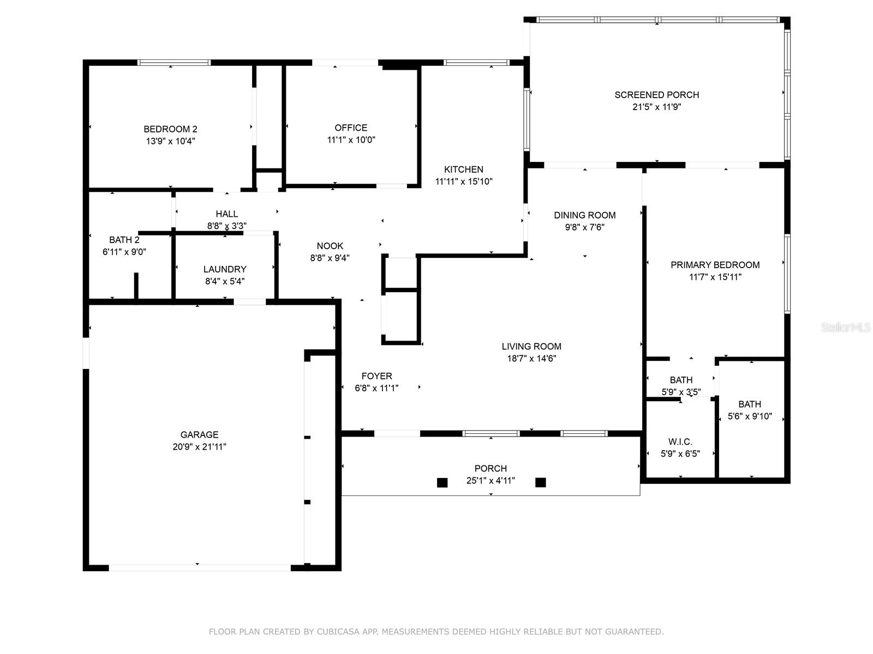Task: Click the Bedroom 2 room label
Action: (170, 129)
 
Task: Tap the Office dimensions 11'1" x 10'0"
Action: (351, 140)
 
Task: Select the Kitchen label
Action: (463, 169)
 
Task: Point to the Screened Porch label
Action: (656, 95)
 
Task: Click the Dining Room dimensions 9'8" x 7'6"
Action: (585, 227)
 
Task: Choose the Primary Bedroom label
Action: (715, 265)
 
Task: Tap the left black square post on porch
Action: (442, 482)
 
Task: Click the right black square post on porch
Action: (540, 482)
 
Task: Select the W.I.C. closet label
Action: (680, 441)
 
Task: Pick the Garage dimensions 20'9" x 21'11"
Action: (199, 447)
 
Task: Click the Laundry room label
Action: (225, 269)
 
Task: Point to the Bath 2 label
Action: (124, 240)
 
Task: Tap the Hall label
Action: (226, 214)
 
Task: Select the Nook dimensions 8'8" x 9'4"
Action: (330, 258)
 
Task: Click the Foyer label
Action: (376, 376)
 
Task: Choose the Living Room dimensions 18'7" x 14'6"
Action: (531, 359)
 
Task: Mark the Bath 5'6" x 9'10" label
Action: (749, 404)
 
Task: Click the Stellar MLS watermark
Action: (846, 328)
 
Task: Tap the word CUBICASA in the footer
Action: (351, 632)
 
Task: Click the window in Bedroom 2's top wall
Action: (174, 62)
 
